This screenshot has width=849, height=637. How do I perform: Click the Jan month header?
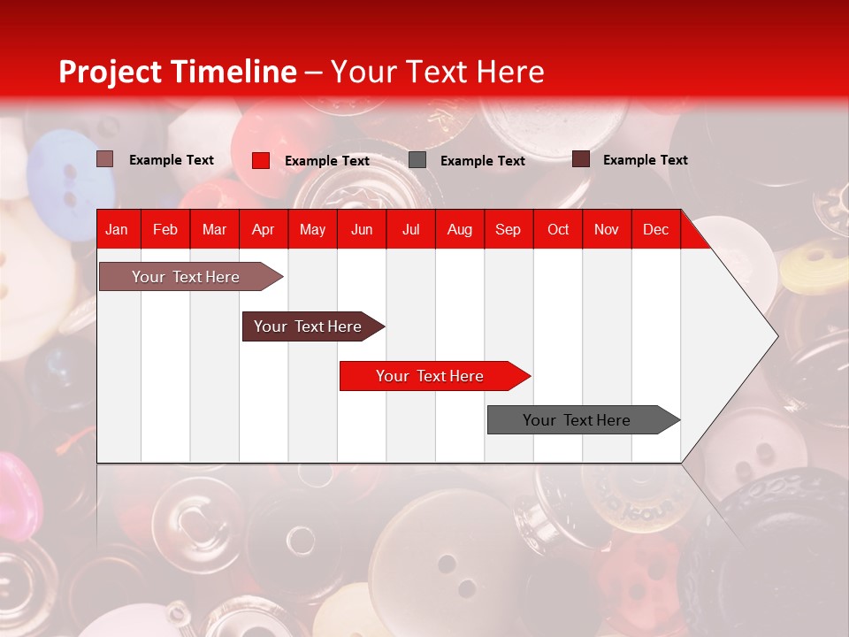coord(117,230)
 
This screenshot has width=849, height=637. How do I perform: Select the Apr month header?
coord(263,230)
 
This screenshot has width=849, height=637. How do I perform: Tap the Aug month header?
coord(459,230)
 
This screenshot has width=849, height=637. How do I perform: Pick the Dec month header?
coord(655,230)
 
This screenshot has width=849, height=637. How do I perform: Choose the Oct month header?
coord(557,230)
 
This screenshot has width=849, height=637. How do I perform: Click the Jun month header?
coord(361,230)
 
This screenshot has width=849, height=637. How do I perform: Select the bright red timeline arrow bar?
coord(431,376)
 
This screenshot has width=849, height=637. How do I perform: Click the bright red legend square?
coord(261,160)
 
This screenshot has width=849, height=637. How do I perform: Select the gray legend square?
coord(417,160)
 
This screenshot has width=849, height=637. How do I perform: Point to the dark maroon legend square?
coord(581,159)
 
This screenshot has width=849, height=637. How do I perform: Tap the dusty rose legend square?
coord(104,159)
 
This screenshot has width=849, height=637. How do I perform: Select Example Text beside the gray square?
coord(482,161)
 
